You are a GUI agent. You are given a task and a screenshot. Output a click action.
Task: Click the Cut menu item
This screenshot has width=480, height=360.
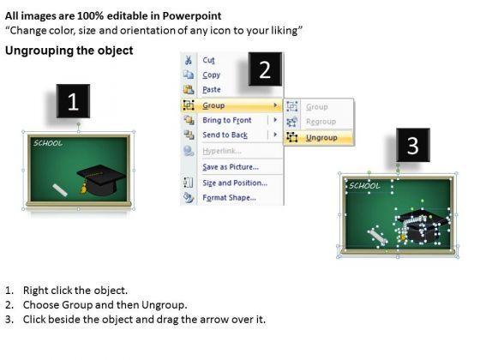coord(208,60)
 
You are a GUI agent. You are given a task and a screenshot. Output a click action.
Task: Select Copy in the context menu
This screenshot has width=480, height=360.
coord(211,75)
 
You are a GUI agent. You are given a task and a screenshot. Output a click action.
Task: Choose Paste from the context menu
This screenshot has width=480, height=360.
coord(212,90)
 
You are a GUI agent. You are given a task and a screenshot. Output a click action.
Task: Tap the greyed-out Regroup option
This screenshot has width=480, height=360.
coord(321,122)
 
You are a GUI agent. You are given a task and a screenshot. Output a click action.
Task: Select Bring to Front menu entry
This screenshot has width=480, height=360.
coord(227,120)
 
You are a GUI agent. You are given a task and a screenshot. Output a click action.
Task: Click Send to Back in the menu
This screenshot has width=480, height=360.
coord(225,135)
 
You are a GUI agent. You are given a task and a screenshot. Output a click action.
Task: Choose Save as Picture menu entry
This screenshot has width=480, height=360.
coord(231,167)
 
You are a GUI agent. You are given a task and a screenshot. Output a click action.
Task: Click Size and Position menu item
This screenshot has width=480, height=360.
coord(235,183)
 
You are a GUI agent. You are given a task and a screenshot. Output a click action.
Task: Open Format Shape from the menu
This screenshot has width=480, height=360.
coord(230,198)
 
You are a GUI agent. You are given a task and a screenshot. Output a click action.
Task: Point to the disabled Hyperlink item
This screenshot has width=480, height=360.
coord(222,151)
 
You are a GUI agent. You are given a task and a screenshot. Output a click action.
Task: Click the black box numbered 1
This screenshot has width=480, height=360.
coord(73,101)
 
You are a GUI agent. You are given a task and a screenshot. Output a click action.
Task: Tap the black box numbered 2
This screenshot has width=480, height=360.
coord(265,69)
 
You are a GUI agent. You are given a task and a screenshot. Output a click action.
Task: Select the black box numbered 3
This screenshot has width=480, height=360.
coord(413,145)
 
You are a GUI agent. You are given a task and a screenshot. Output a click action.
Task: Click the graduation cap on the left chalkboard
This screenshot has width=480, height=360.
coord(101,180)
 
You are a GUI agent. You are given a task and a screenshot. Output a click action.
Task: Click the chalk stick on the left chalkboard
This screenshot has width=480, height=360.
coord(60,189)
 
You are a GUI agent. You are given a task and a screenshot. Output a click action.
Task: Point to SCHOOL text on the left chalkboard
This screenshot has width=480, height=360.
coord(48,143)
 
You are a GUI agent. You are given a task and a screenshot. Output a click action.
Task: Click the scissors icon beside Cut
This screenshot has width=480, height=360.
coord(189,60)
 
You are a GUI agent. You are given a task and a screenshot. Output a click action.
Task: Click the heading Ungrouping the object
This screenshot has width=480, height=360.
coord(69,51)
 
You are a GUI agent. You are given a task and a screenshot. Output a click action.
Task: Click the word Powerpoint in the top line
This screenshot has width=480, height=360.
coord(192,16)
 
